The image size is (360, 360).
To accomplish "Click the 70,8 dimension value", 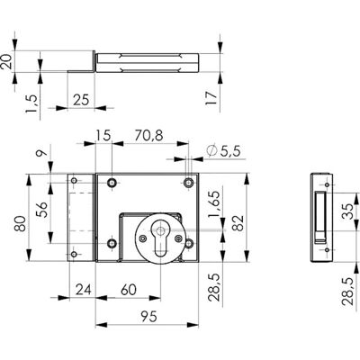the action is tap(148, 136).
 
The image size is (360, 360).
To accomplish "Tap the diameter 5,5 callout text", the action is tap(224, 150).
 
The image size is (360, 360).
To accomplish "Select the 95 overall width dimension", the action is tap(148, 316).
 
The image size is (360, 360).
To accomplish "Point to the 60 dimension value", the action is tap(129, 290).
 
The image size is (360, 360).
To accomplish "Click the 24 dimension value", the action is tap(83, 290).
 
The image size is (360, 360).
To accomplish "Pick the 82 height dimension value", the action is tap(238, 222).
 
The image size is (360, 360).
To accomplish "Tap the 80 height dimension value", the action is tap(21, 223).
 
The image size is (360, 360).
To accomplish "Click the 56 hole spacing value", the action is tap(42, 209).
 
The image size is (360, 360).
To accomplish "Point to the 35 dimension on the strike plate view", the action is tap(347, 211).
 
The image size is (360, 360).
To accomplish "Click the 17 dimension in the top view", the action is tap(211, 98).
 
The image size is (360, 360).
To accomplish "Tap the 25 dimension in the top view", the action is tap(81, 100).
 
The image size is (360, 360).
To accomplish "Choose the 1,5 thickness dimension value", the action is tap(31, 103).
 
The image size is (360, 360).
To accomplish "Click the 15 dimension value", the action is tap(103, 136).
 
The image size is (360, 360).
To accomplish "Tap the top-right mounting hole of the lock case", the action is tap(189, 182).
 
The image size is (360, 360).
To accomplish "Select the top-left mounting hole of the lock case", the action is tap(112, 182).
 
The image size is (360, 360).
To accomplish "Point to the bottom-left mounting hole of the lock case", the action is tap(112, 244).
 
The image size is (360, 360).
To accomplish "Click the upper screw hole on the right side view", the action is tap(327, 184).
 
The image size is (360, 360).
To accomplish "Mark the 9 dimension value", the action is tap(42, 153).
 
